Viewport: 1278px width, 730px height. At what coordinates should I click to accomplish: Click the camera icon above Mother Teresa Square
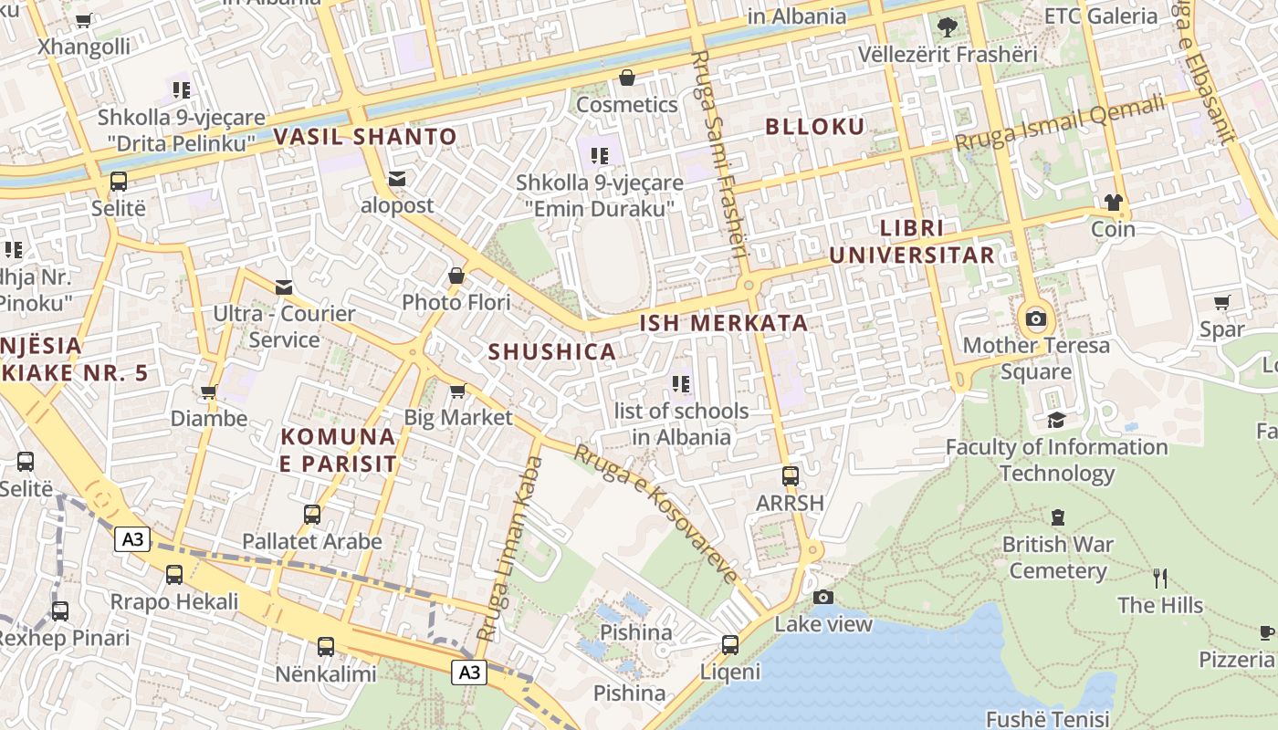coord(1036,318)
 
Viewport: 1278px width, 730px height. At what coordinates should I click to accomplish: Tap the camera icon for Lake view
coord(823,597)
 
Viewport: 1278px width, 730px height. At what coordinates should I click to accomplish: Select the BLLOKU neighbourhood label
coord(814,127)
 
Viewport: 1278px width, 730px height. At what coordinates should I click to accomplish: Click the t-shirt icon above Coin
coord(1113,202)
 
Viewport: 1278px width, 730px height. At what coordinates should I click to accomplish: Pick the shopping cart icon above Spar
coord(1222,302)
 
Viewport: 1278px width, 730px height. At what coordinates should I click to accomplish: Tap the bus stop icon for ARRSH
coord(791,475)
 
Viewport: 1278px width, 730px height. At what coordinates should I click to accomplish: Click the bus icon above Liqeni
coord(730,644)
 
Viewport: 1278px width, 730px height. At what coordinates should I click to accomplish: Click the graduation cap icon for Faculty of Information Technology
coord(1056,420)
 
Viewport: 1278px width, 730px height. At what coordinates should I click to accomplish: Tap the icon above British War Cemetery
coord(1057,517)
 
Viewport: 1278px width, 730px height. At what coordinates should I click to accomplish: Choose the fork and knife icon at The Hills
coord(1160,578)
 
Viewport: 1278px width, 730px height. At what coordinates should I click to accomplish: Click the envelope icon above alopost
coord(397,178)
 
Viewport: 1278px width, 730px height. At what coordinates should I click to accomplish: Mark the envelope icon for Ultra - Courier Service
coord(284,287)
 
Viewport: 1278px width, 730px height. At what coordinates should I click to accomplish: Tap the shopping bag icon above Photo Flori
coord(456,275)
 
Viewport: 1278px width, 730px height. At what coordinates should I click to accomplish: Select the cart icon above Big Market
coord(458,391)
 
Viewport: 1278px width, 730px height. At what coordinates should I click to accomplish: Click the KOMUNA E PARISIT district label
coord(339,450)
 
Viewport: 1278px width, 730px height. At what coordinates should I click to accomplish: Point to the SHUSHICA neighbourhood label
coord(551,351)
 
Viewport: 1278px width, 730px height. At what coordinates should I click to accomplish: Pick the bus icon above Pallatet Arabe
coord(312,514)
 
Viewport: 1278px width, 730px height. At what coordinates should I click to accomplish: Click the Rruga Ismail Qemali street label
coord(1061,123)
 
